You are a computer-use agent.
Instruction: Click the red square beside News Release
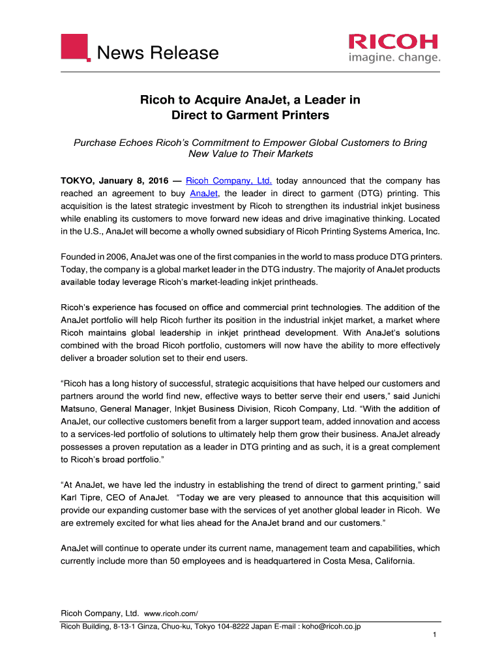click(x=75, y=47)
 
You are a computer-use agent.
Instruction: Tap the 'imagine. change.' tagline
click(x=393, y=59)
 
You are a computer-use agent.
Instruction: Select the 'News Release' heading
click(x=158, y=52)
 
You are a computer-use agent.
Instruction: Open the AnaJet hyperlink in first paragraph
click(x=203, y=193)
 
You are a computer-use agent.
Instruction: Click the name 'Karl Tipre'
click(x=82, y=498)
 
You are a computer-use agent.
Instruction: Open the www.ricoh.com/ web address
click(x=170, y=614)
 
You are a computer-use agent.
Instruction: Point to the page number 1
click(x=434, y=636)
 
